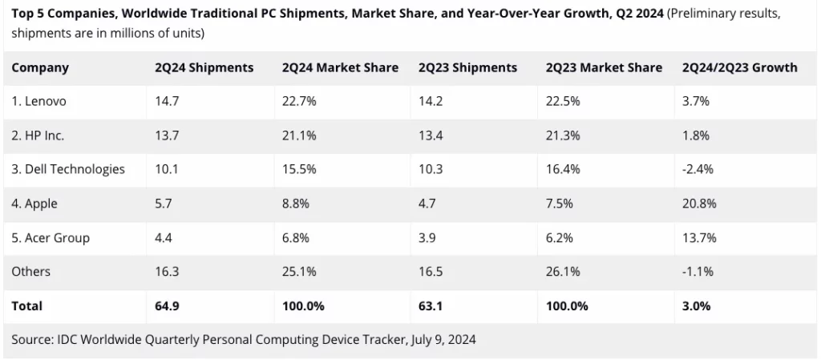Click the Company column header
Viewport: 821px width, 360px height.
coord(40,67)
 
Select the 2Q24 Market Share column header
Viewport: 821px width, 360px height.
coord(340,67)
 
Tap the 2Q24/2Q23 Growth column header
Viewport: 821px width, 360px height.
coord(740,67)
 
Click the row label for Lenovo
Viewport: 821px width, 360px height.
coord(38,101)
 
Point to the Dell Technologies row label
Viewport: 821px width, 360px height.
coord(68,169)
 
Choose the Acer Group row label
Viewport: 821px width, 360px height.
coord(51,237)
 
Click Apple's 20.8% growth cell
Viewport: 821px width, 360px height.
coord(699,204)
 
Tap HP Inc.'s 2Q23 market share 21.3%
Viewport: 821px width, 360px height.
coord(563,136)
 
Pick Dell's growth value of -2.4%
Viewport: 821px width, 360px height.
coord(698,169)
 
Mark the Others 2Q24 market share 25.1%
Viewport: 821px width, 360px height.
coord(299,272)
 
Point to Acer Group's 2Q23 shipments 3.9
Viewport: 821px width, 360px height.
coord(427,237)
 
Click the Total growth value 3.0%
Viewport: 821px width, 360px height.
coord(696,305)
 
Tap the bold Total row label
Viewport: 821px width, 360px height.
coord(26,305)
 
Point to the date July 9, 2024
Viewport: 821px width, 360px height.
coord(443,339)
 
